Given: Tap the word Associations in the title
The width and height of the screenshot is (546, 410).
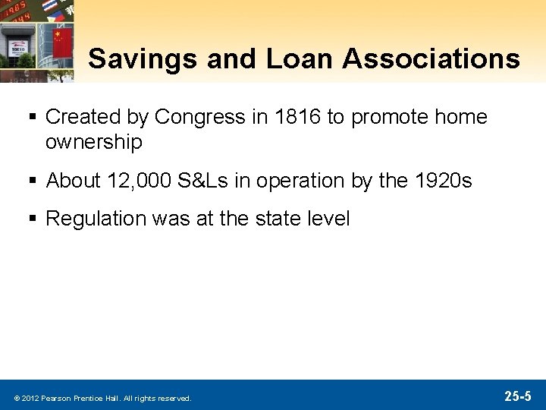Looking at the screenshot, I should [x=431, y=58].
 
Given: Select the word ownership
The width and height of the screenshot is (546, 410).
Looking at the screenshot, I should [x=94, y=142].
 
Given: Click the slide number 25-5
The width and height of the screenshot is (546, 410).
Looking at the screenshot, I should [x=518, y=396].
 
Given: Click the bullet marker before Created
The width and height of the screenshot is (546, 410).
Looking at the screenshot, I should [x=35, y=118].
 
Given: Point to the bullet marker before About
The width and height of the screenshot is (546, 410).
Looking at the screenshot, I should [x=35, y=181].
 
